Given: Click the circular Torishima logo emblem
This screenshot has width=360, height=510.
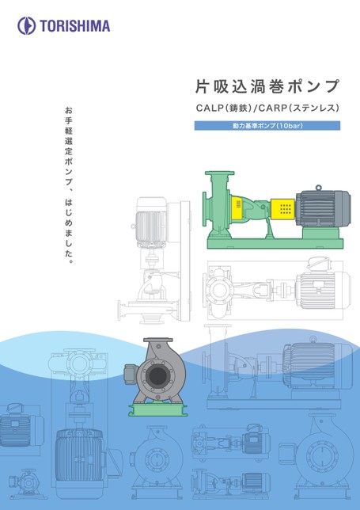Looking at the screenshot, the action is (27, 26).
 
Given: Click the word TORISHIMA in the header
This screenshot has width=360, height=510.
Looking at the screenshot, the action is (75, 26).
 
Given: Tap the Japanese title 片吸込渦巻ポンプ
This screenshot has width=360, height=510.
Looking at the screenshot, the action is (267, 86).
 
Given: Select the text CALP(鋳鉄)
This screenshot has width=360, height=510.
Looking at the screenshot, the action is (224, 108).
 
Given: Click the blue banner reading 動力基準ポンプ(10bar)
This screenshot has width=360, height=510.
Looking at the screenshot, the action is (267, 126).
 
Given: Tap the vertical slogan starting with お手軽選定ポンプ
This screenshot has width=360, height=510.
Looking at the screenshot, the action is (69, 185).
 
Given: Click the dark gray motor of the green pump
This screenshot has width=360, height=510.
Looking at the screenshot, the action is (324, 207).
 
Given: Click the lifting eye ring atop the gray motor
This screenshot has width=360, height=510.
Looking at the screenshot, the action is (318, 188).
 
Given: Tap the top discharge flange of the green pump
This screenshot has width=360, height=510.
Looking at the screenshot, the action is (220, 173).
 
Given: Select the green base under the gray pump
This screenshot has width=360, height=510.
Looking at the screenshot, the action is (158, 410).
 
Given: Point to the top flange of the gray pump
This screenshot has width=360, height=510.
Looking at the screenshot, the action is (158, 340).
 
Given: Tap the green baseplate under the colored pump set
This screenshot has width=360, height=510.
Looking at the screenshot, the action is (275, 244).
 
